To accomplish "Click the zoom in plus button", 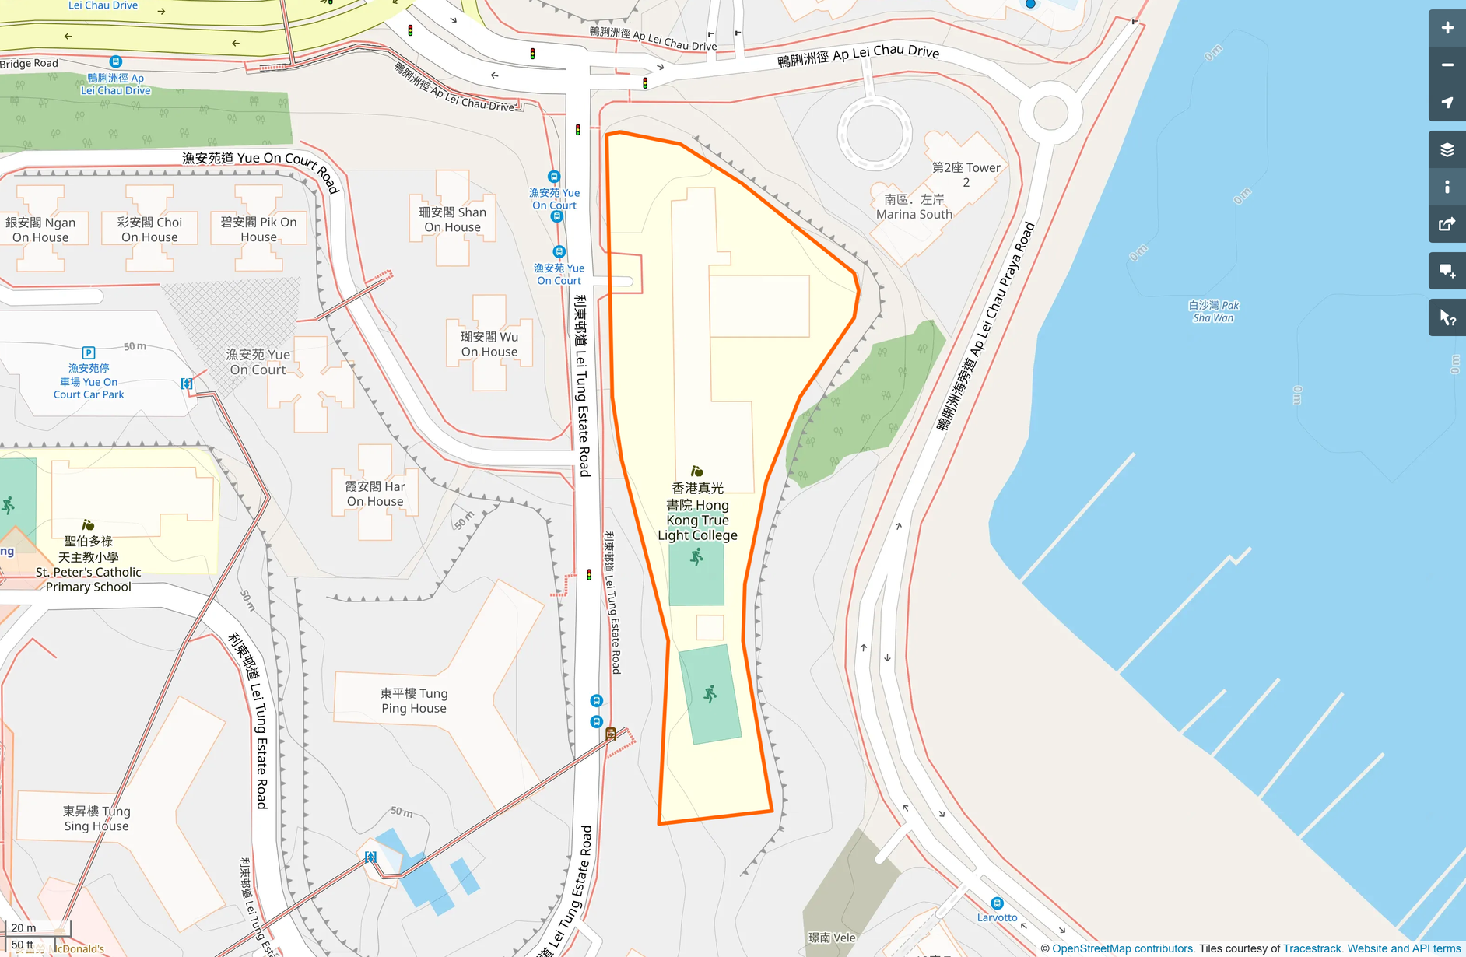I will pos(1447,28).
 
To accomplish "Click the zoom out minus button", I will pos(1447,65).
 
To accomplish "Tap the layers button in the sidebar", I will pos(1447,149).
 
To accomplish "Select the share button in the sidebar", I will pos(1447,224).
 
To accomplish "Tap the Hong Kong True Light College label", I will pos(697,512).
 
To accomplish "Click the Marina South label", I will pos(914,207).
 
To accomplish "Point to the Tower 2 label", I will pos(966,174).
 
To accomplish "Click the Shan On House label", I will pos(452,219).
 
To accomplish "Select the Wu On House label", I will pos(489,344).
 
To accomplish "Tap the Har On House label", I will pos(375,494).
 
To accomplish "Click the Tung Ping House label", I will pos(414,700).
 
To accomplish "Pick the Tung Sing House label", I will pos(96,819).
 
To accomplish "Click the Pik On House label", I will pos(258,230).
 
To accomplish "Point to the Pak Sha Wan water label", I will pos(1213,311).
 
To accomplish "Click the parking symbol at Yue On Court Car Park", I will pos(89,353).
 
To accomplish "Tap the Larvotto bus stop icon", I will pos(997,903).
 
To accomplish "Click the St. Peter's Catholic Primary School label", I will pos(89,564).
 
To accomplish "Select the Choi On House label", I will pos(149,230).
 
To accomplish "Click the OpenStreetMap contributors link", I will pos(1122,948).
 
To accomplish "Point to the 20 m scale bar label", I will pos(23,927).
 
